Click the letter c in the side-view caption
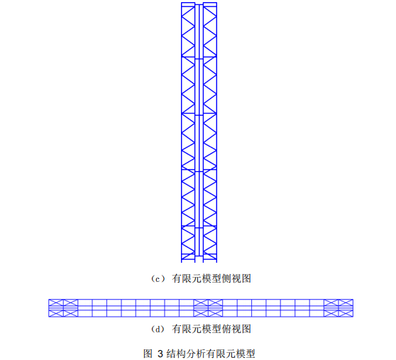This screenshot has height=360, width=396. [158, 280]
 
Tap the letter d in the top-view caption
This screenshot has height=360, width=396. [158, 329]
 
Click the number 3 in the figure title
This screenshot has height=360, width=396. [160, 354]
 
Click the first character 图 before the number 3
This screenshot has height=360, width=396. [148, 354]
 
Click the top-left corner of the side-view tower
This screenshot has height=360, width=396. [182, 3]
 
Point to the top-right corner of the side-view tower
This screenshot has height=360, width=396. [216, 3]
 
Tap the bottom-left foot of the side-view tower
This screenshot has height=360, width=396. [182, 262]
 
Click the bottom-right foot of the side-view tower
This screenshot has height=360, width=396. [216, 262]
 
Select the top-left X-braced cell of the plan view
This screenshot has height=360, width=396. [56, 302]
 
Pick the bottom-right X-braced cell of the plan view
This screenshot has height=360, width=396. [346, 313]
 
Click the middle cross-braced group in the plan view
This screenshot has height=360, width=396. [208, 308]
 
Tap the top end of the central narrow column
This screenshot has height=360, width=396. [199, 4]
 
